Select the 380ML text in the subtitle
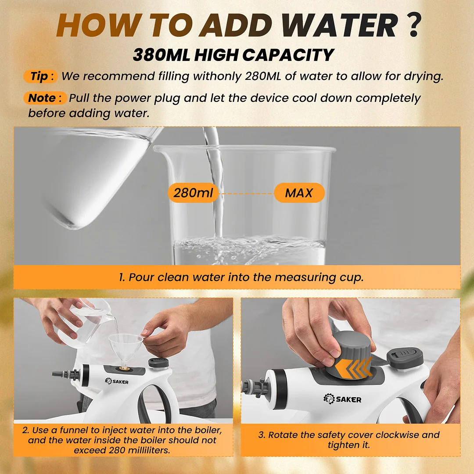pyautogui.click(x=162, y=55)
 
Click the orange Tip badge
pyautogui.click(x=40, y=76)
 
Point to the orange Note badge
pyautogui.click(x=45, y=98)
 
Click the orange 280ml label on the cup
pyautogui.click(x=193, y=193)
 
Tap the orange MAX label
pyautogui.click(x=299, y=193)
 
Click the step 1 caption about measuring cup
pyautogui.click(x=241, y=277)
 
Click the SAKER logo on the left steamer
pyautogui.click(x=117, y=381)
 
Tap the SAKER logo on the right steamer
pyautogui.click(x=342, y=399)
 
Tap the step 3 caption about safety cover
pyautogui.click(x=349, y=440)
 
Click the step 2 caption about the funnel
pyautogui.click(x=122, y=440)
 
